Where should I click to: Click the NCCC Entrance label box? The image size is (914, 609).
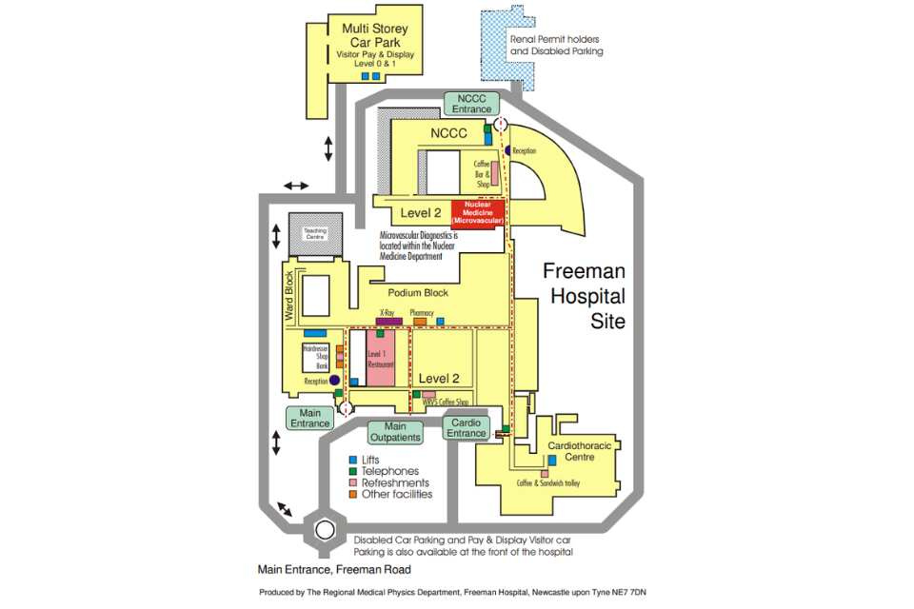tap(471, 104)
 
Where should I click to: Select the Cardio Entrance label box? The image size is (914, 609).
tap(467, 428)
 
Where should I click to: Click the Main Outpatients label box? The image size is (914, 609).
tap(402, 432)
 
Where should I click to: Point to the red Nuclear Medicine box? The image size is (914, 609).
tap(477, 213)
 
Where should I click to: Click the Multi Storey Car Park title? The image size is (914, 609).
tap(371, 35)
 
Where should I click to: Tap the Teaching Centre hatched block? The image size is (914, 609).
tap(314, 234)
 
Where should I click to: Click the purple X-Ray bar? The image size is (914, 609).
tap(388, 323)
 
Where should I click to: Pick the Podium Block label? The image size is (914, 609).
tap(417, 293)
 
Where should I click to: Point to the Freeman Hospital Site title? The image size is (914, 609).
tap(584, 295)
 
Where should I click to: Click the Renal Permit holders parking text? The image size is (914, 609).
tap(556, 46)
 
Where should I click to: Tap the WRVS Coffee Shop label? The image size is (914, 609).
tap(446, 403)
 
